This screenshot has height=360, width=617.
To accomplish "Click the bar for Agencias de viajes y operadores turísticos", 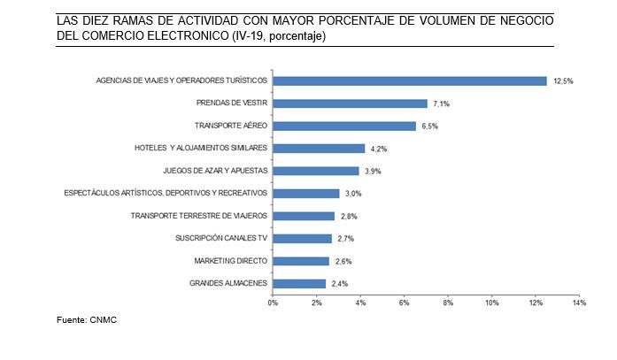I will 409,80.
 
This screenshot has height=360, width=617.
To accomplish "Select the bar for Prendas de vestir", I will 350,103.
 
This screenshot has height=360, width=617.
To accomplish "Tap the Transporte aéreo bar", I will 343,126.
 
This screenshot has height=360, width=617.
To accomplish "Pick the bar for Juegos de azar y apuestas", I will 315,171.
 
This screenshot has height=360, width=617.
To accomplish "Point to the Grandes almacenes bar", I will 298,283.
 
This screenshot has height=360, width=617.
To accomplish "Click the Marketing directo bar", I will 301,261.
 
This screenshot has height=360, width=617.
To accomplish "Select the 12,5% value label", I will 563,81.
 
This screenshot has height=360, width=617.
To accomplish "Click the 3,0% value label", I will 353,194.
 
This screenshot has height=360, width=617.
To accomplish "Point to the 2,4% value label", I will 340,284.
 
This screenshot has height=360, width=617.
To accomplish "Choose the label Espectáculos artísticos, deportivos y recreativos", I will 166,193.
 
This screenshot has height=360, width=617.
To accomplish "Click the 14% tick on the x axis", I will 579,303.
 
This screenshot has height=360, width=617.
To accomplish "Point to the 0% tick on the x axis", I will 273,303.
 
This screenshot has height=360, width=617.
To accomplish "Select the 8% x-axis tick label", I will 448,303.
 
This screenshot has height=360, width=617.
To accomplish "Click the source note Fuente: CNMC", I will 86,319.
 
